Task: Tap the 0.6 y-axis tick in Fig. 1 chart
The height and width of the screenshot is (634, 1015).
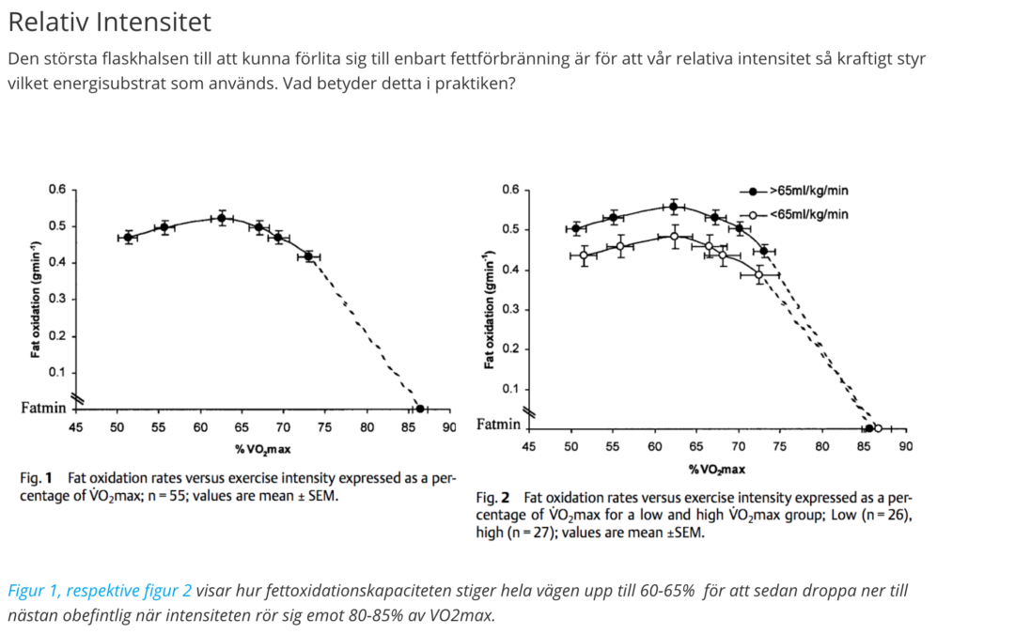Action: click(57, 190)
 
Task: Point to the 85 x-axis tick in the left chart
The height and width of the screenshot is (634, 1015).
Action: click(408, 427)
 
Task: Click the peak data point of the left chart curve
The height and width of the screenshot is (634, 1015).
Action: click(222, 219)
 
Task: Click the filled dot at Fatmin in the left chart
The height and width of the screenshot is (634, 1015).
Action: click(420, 409)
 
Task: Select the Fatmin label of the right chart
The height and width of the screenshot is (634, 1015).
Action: click(498, 425)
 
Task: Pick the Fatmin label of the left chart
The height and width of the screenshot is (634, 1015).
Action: click(43, 408)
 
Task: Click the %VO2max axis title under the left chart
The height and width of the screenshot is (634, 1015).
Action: click(263, 449)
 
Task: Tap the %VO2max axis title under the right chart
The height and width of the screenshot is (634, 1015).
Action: click(716, 469)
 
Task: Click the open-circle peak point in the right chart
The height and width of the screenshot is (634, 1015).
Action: click(675, 237)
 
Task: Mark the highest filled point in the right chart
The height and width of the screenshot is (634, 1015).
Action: click(674, 207)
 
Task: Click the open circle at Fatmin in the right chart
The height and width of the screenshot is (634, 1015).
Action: click(878, 428)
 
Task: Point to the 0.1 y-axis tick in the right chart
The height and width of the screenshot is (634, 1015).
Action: click(510, 389)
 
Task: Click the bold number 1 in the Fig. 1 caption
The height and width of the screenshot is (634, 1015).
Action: click(48, 478)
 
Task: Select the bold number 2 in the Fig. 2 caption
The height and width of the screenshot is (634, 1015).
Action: click(505, 498)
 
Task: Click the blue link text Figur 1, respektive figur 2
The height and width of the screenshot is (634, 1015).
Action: click(100, 591)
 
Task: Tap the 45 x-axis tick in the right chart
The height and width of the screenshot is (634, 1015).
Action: click(529, 446)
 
